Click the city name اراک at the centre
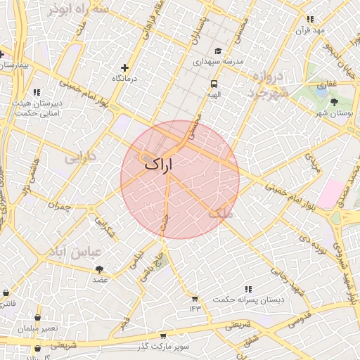pyautogui.click(x=159, y=163)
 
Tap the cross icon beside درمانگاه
pyautogui.click(x=125, y=68)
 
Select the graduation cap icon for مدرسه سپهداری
pyautogui.click(x=218, y=51)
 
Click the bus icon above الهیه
pyautogui.click(x=212, y=83)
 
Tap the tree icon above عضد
pyautogui.click(x=99, y=269)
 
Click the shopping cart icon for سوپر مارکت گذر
pyautogui.click(x=163, y=336)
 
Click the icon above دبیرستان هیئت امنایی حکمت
pyautogui.click(x=37, y=92)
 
